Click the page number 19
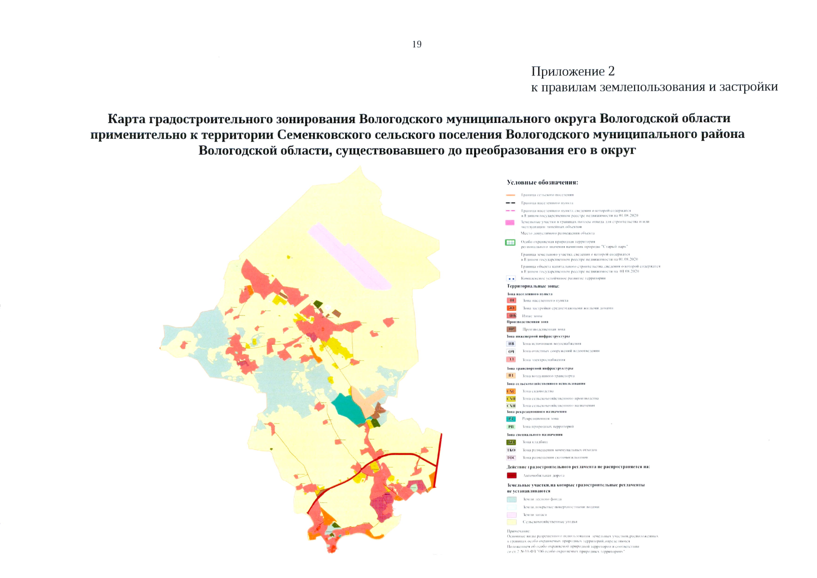point(417,44)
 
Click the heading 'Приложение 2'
point(572,71)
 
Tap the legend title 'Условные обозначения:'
point(542,183)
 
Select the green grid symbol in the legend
point(510,243)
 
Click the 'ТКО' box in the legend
point(511,450)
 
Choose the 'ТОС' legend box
point(511,458)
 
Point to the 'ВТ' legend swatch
point(511,376)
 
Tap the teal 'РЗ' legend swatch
point(511,419)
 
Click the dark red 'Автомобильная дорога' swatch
point(511,475)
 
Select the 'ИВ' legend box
point(511,344)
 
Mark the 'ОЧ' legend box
point(511,352)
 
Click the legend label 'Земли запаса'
point(535,515)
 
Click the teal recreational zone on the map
point(348,408)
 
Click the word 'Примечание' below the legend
point(518,531)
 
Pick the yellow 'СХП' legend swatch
point(511,399)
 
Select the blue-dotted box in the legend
point(511,278)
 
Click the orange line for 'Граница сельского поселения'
point(511,195)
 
